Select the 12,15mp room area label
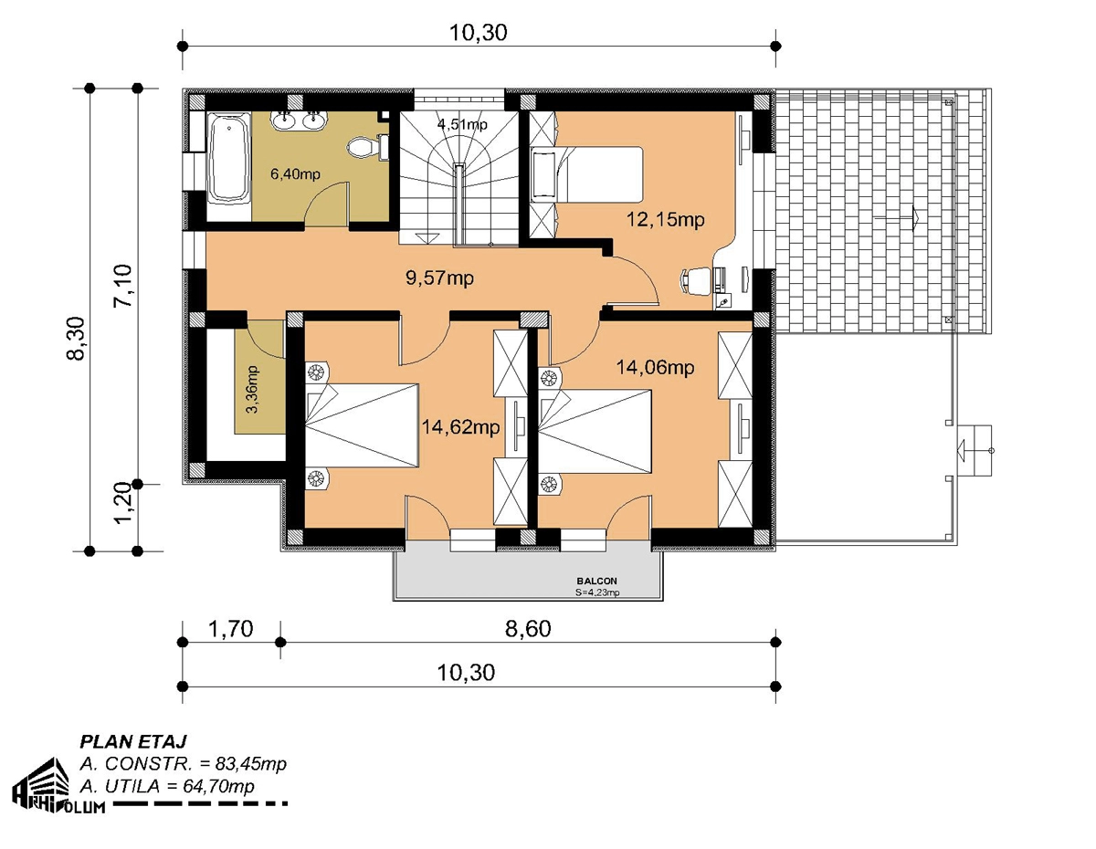pyautogui.click(x=665, y=220)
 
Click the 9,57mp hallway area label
pyautogui.click(x=440, y=278)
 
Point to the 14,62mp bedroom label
pyautogui.click(x=460, y=427)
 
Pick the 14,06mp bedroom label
pyautogui.click(x=655, y=368)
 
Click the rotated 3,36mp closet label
pyautogui.click(x=252, y=389)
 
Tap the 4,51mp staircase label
pyautogui.click(x=462, y=124)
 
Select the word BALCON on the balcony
pyautogui.click(x=596, y=582)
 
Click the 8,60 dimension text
pyautogui.click(x=528, y=629)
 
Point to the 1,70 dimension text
pyautogui.click(x=230, y=629)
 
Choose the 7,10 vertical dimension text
pyautogui.click(x=123, y=285)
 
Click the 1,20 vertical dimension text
pyautogui.click(x=123, y=503)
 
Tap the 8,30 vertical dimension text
pyautogui.click(x=76, y=339)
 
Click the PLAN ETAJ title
pyautogui.click(x=133, y=741)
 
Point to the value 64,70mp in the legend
pyautogui.click(x=218, y=786)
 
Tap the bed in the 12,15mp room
pyautogui.click(x=586, y=174)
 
